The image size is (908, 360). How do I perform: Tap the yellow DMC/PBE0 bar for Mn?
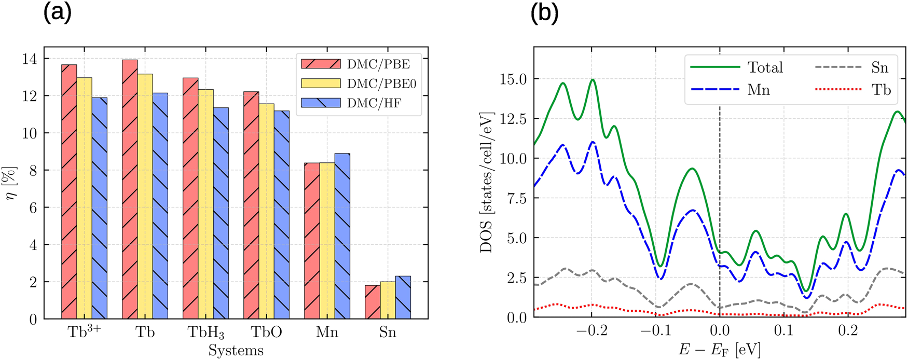coord(327,241)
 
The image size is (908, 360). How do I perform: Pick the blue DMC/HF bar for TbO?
coord(282,215)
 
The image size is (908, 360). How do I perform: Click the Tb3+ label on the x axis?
coord(84,332)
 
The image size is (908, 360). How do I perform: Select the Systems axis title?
coord(236,351)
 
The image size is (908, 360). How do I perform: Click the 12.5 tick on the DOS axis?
coord(513,119)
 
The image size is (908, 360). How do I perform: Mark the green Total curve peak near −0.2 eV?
coord(593,80)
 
